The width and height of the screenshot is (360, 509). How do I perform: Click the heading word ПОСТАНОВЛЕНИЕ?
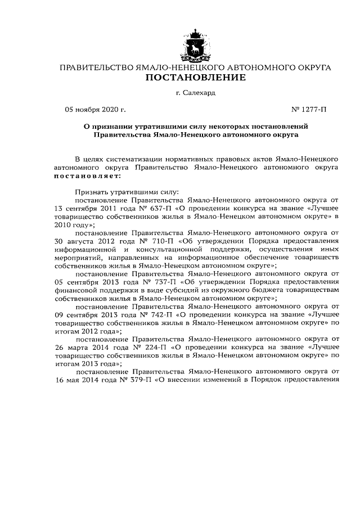(x=196, y=78)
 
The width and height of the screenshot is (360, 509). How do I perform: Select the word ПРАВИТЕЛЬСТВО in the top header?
(x=96, y=67)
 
